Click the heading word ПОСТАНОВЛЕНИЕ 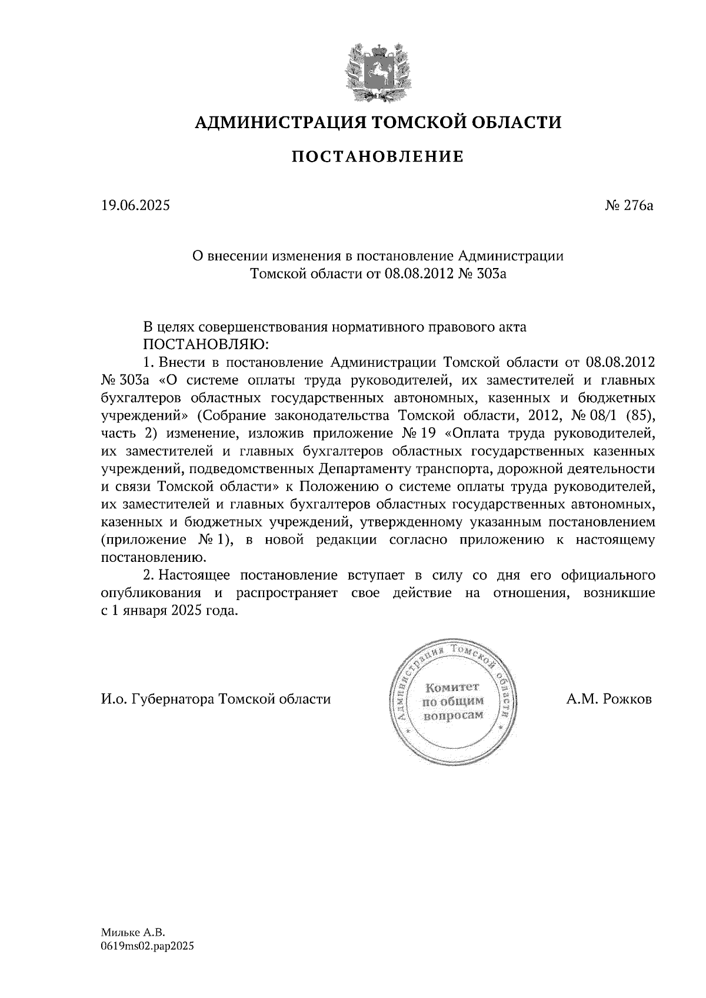pyautogui.click(x=378, y=157)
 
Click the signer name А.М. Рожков pyautogui.click(x=610, y=699)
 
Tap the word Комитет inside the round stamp pyautogui.click(x=453, y=686)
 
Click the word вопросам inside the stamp pyautogui.click(x=453, y=715)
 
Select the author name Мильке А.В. pyautogui.click(x=134, y=932)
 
